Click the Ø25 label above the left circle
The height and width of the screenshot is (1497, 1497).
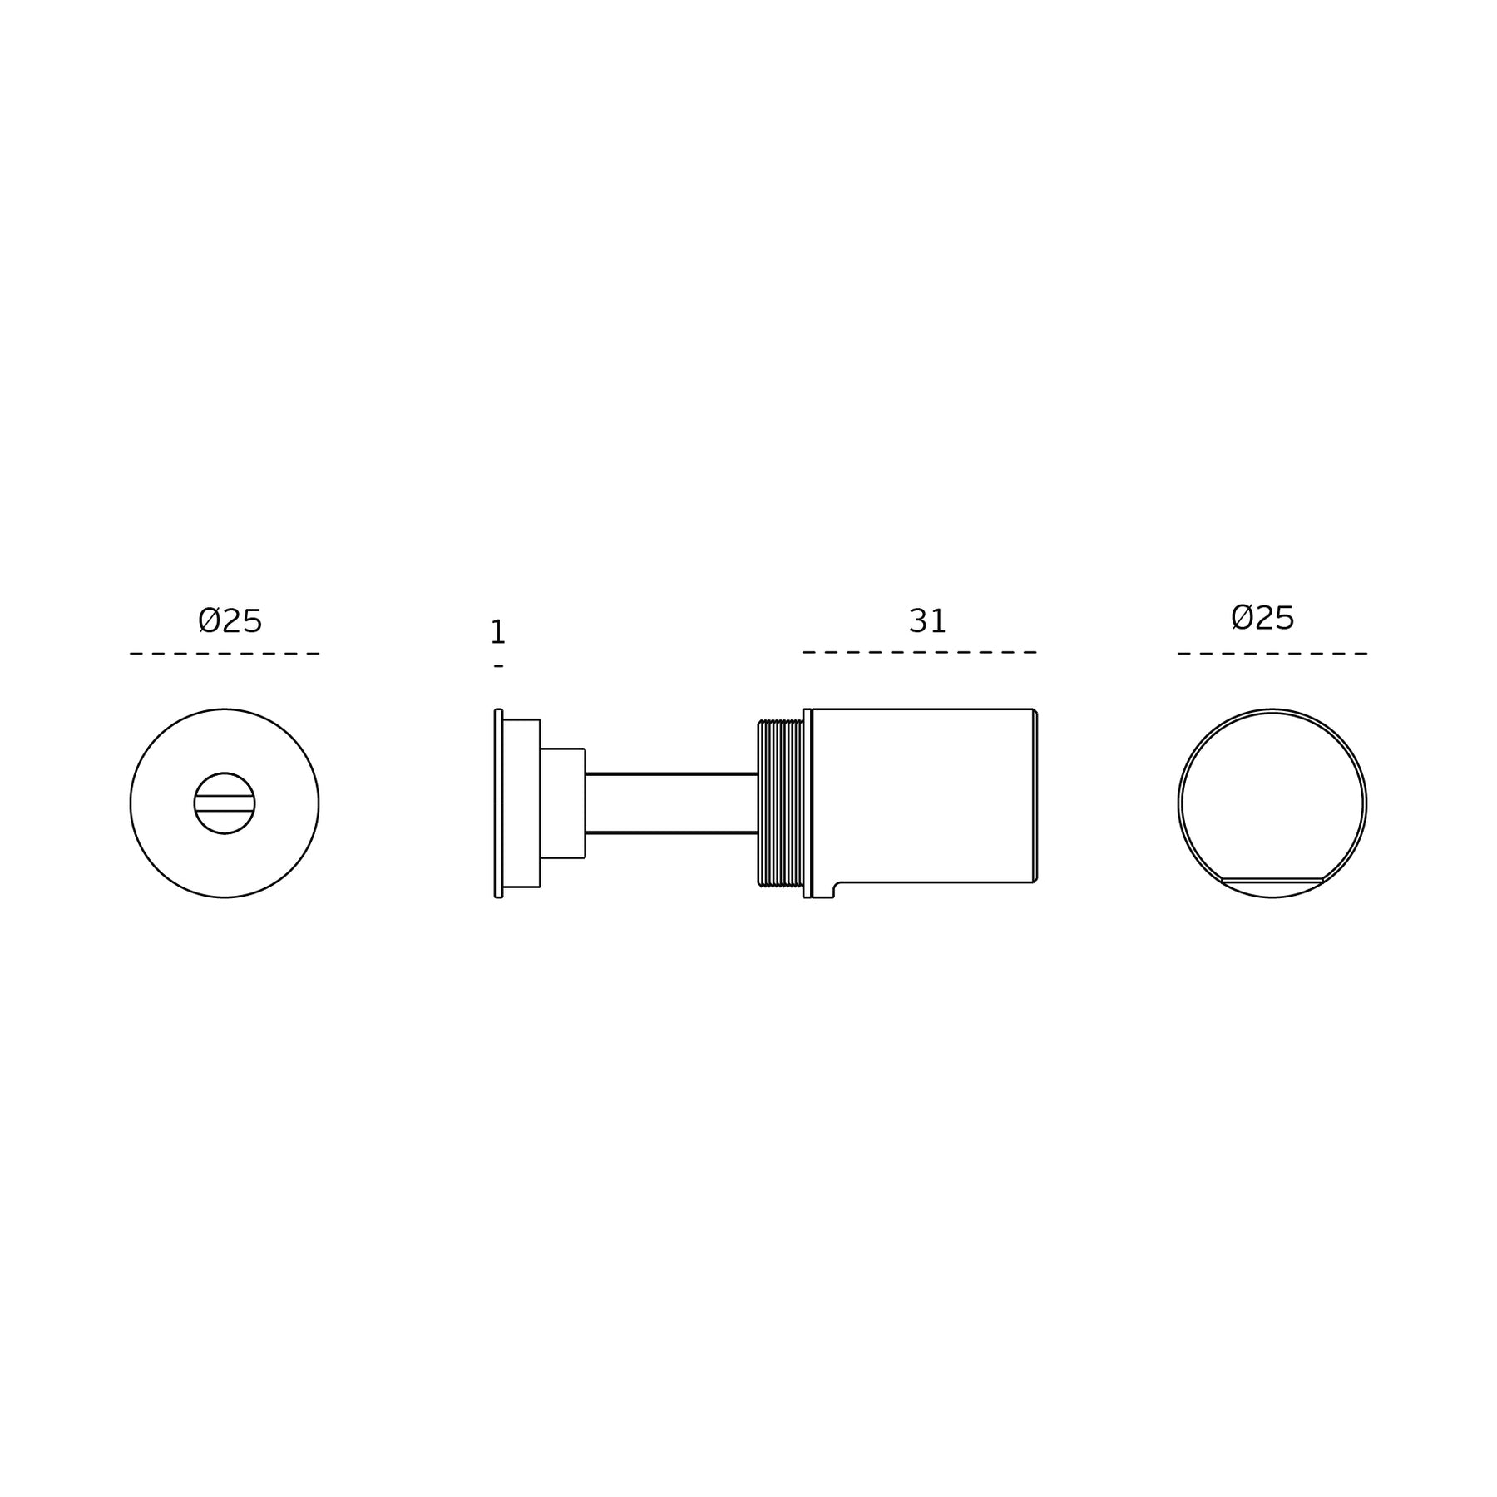(x=230, y=621)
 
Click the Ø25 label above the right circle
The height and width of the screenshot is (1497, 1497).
(x=1262, y=618)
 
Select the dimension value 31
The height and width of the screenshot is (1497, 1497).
(x=927, y=621)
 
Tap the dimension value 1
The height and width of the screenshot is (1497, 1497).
(x=498, y=633)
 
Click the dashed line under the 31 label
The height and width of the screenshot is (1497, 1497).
(x=919, y=652)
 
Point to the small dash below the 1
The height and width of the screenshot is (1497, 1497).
(x=498, y=666)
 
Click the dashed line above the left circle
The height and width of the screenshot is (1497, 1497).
(x=225, y=654)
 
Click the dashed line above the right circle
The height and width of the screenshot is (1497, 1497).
(x=1272, y=654)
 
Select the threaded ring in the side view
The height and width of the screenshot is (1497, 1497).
(x=780, y=803)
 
